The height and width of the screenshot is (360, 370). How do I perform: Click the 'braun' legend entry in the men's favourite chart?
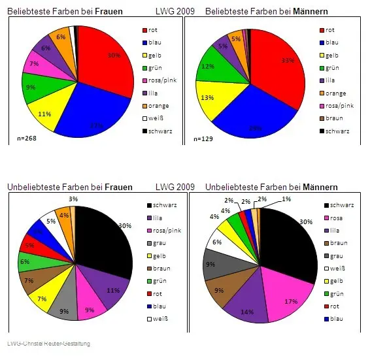click(333, 118)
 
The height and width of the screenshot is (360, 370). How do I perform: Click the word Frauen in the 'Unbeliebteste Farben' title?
click(117, 188)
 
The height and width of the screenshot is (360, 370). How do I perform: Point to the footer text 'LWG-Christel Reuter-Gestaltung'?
click(48, 344)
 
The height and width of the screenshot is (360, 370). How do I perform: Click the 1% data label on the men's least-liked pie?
click(286, 199)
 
